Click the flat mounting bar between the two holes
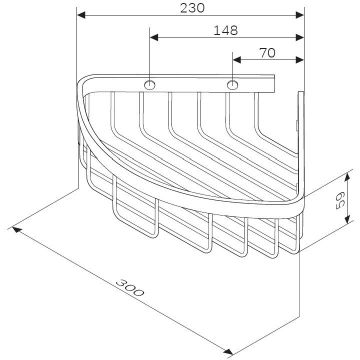tap(191, 86)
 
